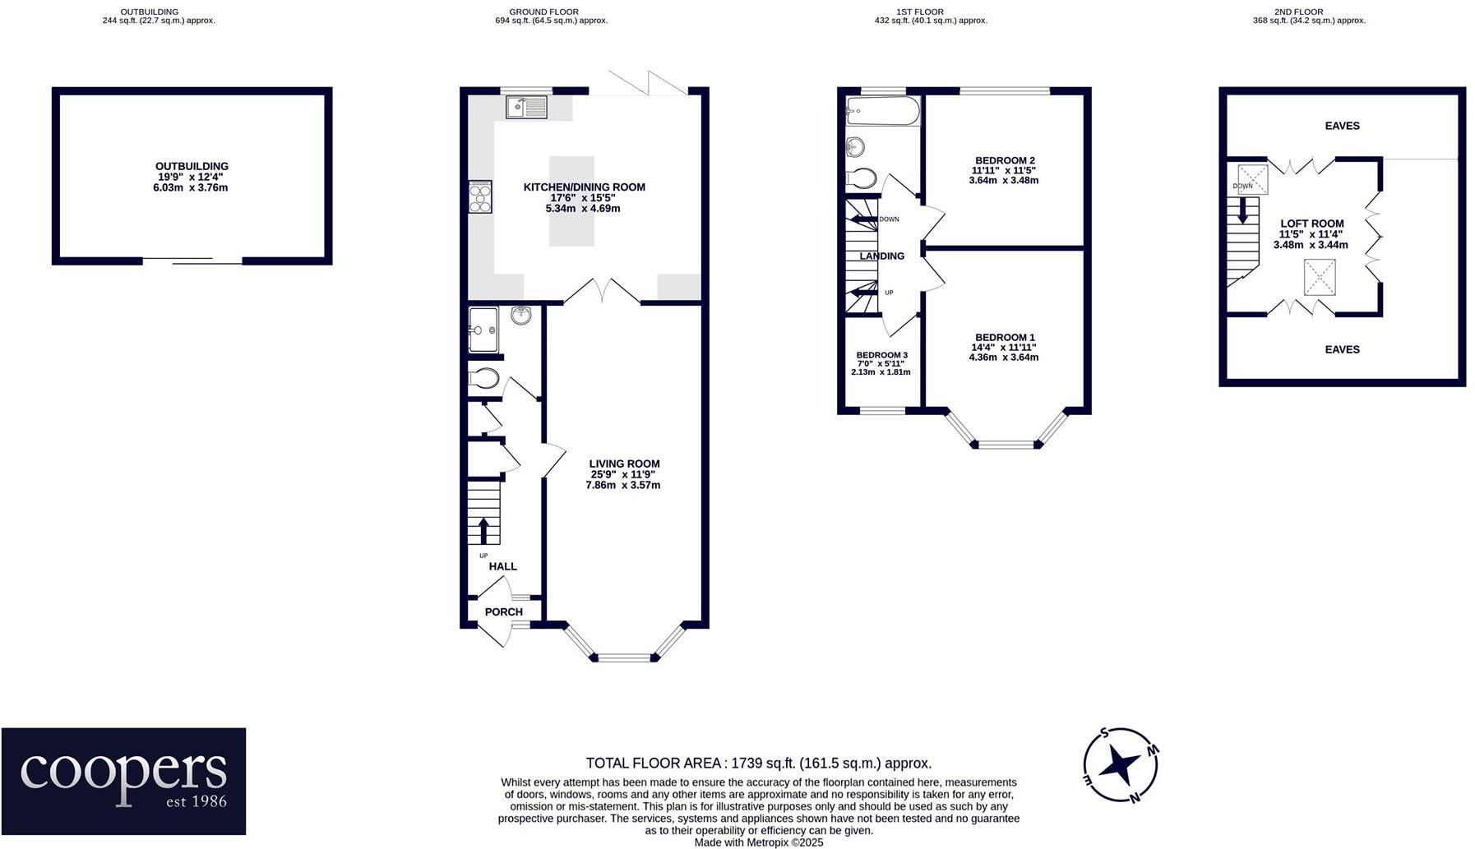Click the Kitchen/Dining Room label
[584, 187]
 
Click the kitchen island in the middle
[571, 201]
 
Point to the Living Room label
[624, 464]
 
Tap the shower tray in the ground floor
[485, 330]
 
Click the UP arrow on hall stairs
[483, 530]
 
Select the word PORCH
[503, 611]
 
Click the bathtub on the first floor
[882, 111]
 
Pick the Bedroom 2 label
[1004, 160]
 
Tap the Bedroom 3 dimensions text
[881, 367]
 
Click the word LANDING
[881, 256]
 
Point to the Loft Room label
[1311, 224]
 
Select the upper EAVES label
[1342, 126]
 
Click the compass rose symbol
[1120, 764]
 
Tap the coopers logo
[123, 781]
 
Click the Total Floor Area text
[758, 763]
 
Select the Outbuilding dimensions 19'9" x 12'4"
[191, 177]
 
